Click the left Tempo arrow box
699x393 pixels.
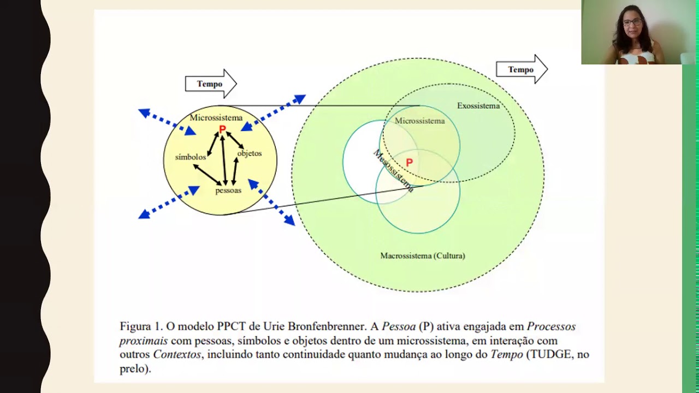point(210,84)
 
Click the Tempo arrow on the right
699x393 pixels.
point(521,69)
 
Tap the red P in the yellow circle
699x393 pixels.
point(222,129)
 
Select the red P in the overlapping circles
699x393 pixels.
point(409,163)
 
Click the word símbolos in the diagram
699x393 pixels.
point(191,157)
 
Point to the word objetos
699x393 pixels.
point(250,153)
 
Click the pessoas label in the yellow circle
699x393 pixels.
point(228,190)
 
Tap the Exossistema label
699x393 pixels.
point(478,106)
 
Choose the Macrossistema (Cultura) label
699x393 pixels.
point(423,255)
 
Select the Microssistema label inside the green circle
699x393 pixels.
point(419,121)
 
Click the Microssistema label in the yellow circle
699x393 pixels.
point(216,117)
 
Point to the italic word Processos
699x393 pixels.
point(551,326)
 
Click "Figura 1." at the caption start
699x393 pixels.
point(141,326)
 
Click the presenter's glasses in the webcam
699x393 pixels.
point(632,22)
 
